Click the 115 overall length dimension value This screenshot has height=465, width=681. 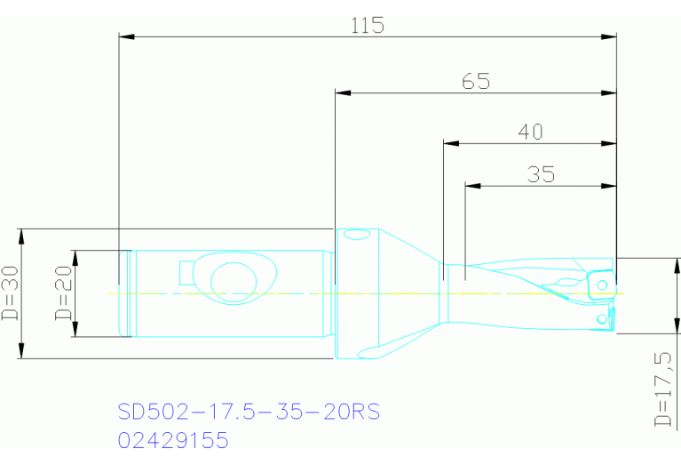click(367, 25)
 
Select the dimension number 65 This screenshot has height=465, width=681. click(476, 82)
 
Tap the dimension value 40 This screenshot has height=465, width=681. click(530, 132)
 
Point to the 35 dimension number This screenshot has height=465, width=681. click(541, 174)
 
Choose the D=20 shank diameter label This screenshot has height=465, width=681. click(63, 294)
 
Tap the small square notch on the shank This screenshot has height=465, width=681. click(186, 270)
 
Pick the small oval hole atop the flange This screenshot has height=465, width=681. click(357, 236)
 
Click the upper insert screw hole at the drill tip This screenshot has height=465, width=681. click(602, 285)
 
